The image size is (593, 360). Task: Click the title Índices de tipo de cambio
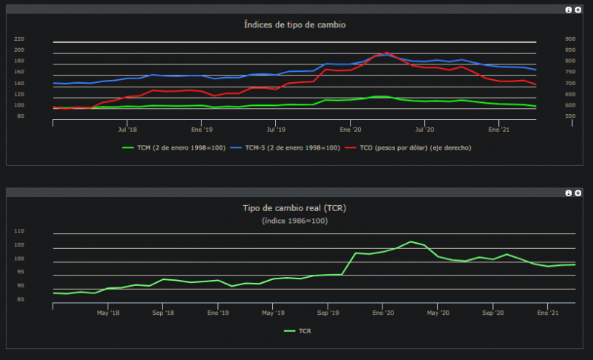coord(295,24)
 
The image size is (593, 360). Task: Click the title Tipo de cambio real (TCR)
coord(295,208)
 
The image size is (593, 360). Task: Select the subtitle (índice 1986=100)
coord(295,221)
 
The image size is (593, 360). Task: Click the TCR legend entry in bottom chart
coord(298,331)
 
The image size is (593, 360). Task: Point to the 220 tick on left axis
coord(40,39)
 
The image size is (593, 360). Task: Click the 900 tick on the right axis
coord(549,39)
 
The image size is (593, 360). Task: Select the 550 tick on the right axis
coord(549,117)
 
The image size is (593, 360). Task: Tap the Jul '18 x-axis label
coord(127,129)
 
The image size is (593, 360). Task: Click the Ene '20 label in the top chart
coord(350,129)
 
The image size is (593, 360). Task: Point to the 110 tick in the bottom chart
coord(19,231)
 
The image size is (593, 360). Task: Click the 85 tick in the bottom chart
coord(21,299)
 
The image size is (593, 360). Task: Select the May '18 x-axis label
coord(108,313)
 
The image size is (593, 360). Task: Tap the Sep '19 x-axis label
coord(328,313)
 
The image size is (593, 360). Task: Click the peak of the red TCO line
coord(387,53)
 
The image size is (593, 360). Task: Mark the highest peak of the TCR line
coord(411,241)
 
